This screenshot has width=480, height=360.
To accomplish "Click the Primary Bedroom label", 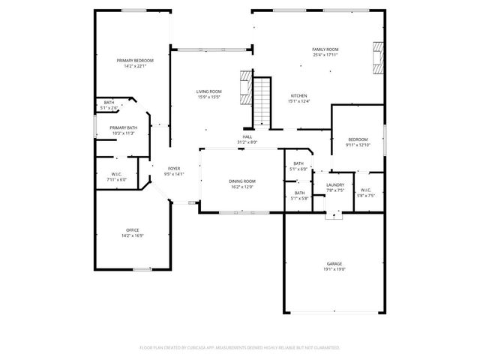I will point(135,60).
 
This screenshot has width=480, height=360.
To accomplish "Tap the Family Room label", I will point(325,49).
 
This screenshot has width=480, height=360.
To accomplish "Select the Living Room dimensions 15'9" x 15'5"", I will point(209,97).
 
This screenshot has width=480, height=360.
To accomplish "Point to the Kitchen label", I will point(299,96).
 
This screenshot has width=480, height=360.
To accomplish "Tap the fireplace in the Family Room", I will point(377,57).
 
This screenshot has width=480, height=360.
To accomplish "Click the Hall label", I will point(247,137).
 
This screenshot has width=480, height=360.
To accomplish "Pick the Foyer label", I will point(174,169).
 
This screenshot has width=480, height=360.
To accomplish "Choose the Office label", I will point(133,229).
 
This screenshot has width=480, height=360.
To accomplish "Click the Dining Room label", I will point(242,181).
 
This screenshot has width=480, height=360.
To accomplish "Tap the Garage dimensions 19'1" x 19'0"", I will point(334,268).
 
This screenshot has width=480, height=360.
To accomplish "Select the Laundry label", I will point(335,184).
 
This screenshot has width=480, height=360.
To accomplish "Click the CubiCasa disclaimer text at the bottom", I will point(240,348).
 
